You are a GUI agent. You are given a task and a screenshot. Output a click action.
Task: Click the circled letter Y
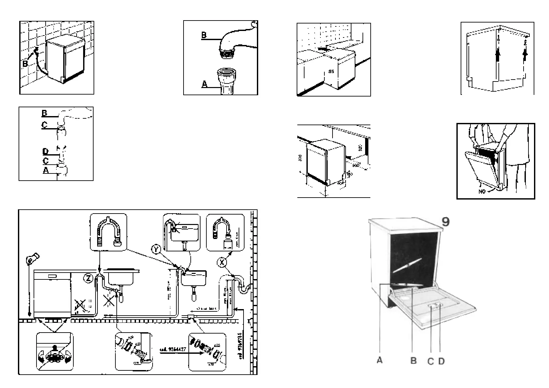[156, 250]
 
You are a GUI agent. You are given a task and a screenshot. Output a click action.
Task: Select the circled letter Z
[88, 278]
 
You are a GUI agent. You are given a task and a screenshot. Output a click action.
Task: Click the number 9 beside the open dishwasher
[445, 222]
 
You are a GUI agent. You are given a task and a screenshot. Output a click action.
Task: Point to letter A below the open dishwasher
[379, 361]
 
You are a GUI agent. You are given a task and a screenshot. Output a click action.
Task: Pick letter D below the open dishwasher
[441, 361]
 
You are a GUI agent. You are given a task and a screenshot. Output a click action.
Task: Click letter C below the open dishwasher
[431, 361]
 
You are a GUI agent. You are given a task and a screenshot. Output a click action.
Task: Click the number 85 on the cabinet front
[331, 71]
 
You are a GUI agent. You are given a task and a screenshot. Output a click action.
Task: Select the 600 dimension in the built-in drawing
[356, 166]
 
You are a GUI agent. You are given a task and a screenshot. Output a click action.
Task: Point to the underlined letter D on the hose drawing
[45, 151]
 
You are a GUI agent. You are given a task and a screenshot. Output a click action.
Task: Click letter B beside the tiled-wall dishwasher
[25, 64]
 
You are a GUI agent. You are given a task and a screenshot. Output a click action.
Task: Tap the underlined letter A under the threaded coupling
[204, 84]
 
